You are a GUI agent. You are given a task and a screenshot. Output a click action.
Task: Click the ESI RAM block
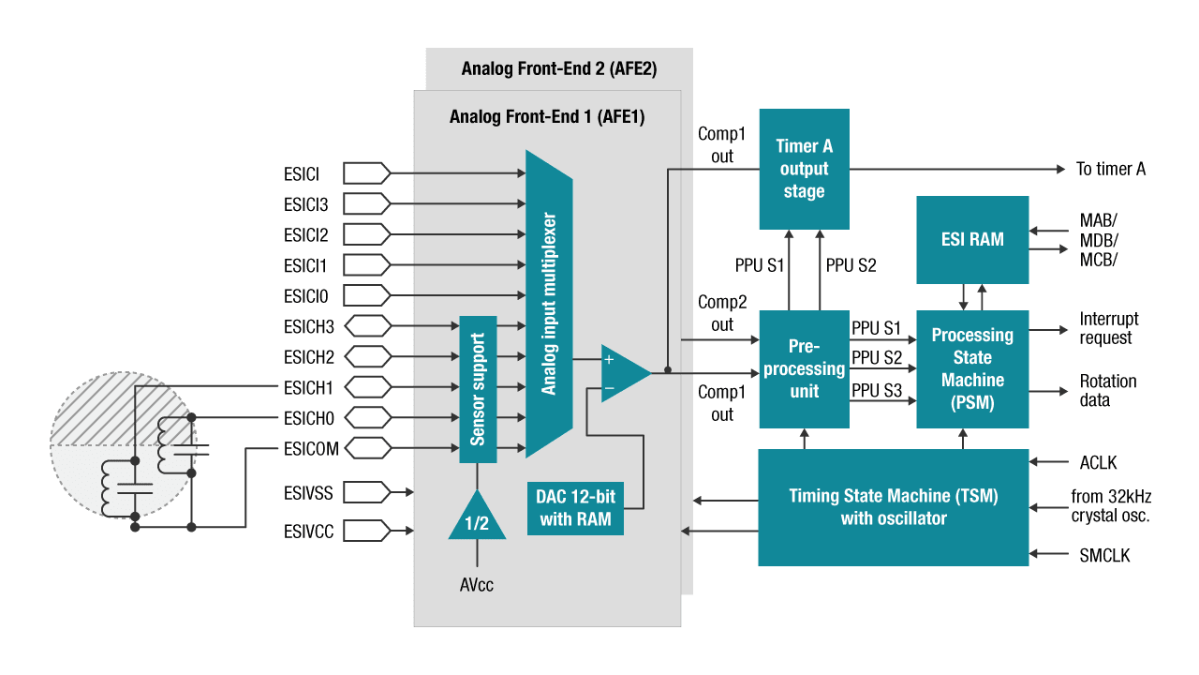click(x=972, y=239)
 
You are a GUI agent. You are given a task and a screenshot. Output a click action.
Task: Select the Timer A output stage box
click(x=804, y=169)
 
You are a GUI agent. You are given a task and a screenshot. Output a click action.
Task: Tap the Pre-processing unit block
click(x=804, y=369)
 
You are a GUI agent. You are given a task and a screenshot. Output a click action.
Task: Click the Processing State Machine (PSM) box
click(x=972, y=369)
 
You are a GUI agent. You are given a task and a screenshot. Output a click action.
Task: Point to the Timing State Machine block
click(x=893, y=507)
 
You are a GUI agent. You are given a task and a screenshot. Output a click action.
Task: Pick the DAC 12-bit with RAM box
click(x=576, y=508)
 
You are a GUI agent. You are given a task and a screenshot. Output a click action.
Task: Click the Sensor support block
click(x=478, y=388)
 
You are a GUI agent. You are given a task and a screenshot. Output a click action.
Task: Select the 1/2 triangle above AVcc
click(x=477, y=518)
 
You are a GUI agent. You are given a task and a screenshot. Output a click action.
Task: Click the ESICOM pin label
click(x=311, y=449)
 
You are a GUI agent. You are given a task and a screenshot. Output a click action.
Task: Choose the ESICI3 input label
click(x=305, y=203)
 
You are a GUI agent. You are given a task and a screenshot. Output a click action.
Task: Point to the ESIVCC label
click(x=308, y=532)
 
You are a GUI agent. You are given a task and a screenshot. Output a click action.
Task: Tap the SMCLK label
click(x=1104, y=556)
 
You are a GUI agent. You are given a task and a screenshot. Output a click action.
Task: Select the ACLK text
click(x=1098, y=462)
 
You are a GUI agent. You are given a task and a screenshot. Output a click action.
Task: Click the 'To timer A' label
click(x=1110, y=169)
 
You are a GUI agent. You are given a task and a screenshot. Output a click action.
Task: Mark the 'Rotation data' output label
click(x=1108, y=391)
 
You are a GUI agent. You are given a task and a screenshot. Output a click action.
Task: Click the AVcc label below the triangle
click(x=476, y=585)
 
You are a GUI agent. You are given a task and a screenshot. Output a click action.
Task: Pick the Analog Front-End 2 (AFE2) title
click(x=559, y=68)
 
